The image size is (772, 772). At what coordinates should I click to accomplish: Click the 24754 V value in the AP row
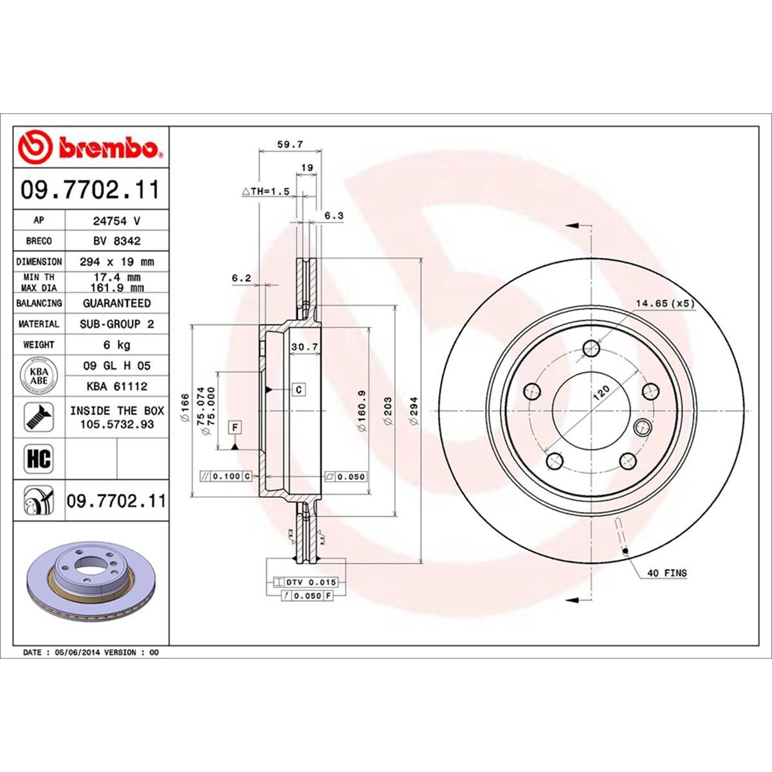coord(116,220)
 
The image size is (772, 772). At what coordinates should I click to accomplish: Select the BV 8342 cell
coord(116,241)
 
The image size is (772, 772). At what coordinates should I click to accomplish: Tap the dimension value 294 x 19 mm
coord(116,262)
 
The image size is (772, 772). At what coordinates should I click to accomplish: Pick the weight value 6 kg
coord(116,345)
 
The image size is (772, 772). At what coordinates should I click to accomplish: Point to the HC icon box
coord(39,459)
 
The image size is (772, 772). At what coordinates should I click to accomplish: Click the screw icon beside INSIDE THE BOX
coord(39,418)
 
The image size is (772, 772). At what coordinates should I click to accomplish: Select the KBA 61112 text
coord(116,387)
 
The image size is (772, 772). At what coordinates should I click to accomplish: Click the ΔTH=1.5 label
coord(266,192)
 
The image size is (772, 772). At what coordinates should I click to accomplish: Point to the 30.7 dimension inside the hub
coord(305,347)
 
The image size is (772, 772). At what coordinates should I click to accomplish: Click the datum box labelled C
coord(299,390)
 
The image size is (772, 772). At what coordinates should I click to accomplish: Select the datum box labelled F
coord(235,427)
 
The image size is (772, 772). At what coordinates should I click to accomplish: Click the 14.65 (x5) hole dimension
coord(665,304)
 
